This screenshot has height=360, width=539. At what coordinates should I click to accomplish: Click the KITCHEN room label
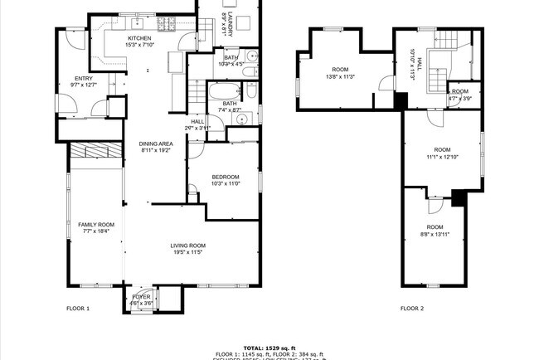pyautogui.click(x=138, y=37)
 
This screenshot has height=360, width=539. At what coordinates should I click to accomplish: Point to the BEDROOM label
pyautogui.click(x=226, y=177)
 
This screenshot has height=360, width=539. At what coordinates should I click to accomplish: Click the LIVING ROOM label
pyautogui.click(x=188, y=246)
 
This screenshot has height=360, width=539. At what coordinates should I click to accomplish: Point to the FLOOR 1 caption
pyautogui.click(x=78, y=309)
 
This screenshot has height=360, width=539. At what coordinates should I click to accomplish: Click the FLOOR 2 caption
pyautogui.click(x=412, y=309)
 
